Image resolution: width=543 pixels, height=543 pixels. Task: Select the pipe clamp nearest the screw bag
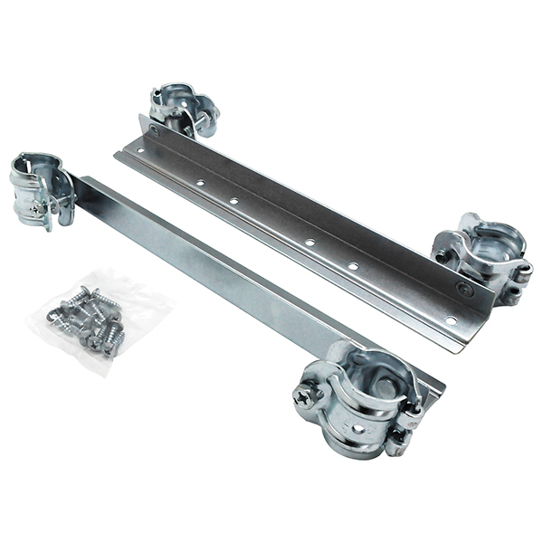pos(41,190)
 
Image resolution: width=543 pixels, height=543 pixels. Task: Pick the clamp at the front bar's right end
pos(357,398)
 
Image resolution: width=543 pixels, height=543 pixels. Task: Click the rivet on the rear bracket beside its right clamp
pos(464,290)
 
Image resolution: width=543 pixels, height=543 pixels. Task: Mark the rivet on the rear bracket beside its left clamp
pos(154,130)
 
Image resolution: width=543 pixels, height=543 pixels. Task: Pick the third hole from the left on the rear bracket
pos(234,200)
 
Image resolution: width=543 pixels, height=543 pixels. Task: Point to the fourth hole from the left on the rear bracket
pos(310,242)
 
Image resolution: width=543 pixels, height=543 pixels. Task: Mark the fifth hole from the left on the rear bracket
pos(353,266)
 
